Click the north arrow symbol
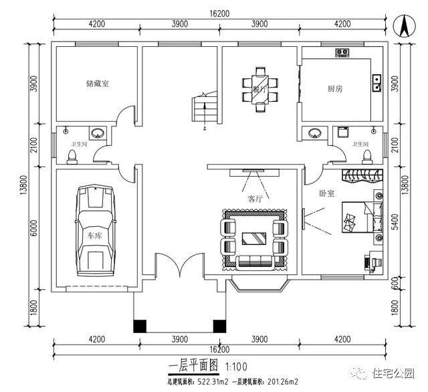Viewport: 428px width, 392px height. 404,27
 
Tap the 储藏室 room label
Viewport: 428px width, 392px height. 97,84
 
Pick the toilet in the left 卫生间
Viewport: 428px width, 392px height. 72,155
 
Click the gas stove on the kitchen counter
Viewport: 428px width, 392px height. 342,52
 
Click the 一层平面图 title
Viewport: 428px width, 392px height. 195,367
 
